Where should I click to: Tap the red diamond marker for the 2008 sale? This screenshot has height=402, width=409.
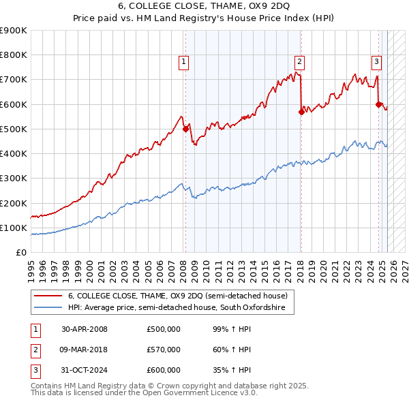point(185,128)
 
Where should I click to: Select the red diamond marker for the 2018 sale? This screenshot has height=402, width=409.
point(301,112)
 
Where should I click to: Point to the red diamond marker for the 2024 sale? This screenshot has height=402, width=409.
point(379,104)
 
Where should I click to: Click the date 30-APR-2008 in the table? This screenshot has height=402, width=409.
point(85,329)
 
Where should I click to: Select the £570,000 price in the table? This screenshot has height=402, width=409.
point(164,350)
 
